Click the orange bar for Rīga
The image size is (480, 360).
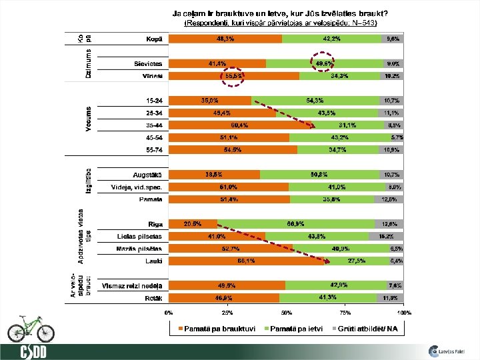pyautogui.click(x=193, y=224)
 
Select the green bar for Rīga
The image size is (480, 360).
pyautogui.click(x=296, y=224)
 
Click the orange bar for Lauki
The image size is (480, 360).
pyautogui.click(x=247, y=261)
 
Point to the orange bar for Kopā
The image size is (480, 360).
pyautogui.click(x=225, y=39)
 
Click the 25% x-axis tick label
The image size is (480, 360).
pyautogui.click(x=227, y=312)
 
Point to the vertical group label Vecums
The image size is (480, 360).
pyautogui.click(x=88, y=119)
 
